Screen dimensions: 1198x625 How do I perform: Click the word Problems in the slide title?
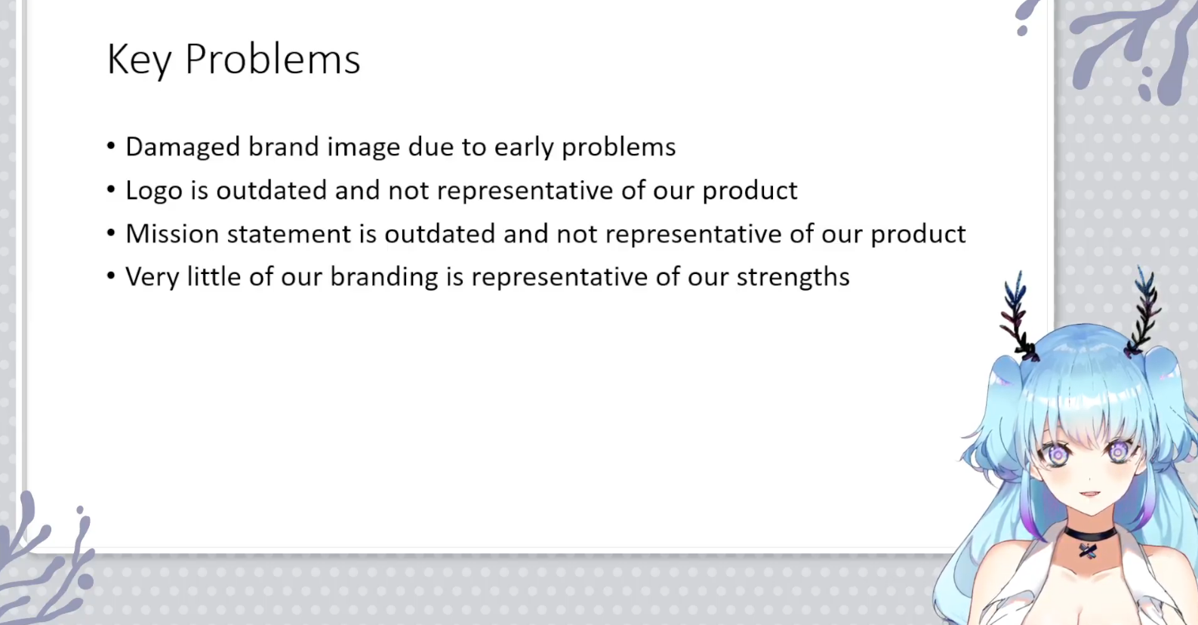pos(273,59)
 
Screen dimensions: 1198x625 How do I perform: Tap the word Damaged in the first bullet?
pos(183,147)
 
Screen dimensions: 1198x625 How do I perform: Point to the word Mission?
pos(172,234)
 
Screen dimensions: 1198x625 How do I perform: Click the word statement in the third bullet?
pos(289,234)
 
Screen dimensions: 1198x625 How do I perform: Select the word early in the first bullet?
pos(524,147)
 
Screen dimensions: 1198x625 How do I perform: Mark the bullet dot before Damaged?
pos(111,146)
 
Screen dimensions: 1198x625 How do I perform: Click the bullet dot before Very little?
pos(111,276)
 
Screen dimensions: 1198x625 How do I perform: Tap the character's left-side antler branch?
pos(1018,316)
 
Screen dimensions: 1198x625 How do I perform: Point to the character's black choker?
pos(1090,534)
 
